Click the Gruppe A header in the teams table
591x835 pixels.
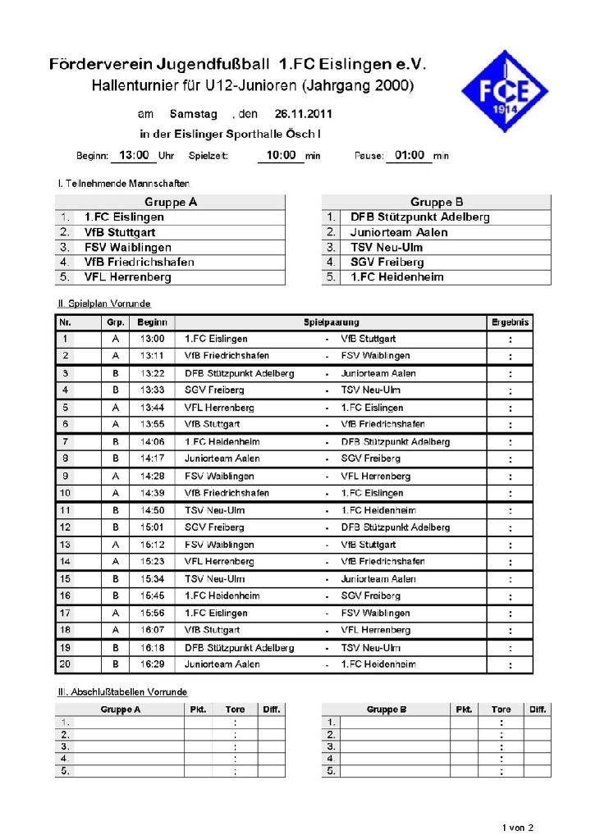tap(171, 202)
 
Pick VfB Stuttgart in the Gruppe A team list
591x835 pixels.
tap(120, 232)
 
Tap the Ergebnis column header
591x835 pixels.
tap(510, 322)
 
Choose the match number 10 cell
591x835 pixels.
tap(66, 493)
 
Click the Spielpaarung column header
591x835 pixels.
tap(332, 322)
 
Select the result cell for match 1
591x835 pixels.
tap(510, 339)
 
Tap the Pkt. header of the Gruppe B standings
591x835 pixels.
tap(464, 710)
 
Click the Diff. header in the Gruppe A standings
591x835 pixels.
tap(272, 710)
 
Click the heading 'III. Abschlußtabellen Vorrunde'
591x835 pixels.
tap(122, 692)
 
